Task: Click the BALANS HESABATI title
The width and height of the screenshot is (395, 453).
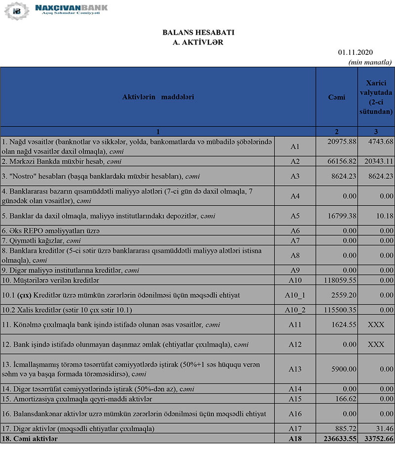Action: pos(198,33)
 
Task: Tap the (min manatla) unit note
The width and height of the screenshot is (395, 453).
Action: pos(370,62)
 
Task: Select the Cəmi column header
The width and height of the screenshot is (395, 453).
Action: pos(336,97)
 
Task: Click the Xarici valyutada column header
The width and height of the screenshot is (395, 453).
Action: pos(376,97)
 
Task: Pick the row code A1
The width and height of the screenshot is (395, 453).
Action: pos(295,147)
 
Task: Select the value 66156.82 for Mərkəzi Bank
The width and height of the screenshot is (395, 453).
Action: pos(337,161)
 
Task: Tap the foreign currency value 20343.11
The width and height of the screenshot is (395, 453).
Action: pos(376,161)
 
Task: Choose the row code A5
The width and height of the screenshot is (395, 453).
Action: pos(295,216)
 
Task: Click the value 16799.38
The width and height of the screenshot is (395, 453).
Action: pos(337,216)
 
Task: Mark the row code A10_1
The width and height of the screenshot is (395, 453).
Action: pos(295,295)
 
